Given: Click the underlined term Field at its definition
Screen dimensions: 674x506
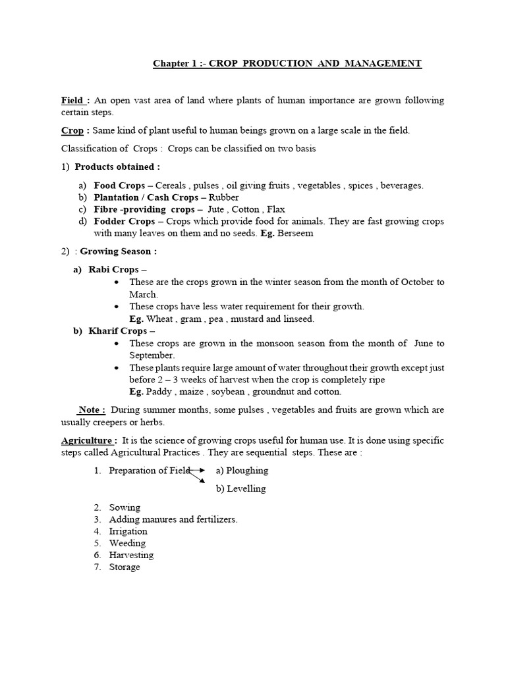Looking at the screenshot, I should tap(72, 101).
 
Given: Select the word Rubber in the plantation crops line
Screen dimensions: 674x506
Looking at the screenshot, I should tap(225, 197).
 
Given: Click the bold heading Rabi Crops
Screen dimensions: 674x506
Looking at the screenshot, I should tap(115, 270).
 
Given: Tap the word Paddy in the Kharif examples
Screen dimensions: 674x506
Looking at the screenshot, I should tap(160, 392).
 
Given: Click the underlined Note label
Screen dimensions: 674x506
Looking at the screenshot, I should tap(92, 410).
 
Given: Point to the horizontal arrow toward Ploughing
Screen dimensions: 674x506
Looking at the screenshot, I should tap(197, 471).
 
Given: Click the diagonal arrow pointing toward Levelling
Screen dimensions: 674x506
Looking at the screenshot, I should tap(196, 477).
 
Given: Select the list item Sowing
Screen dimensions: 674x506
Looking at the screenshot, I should tap(125, 507).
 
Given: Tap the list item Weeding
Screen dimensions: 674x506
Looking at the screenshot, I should tap(127, 543).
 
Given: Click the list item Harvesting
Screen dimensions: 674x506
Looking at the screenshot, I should tap(131, 555).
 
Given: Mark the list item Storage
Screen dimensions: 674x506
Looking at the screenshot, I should tap(125, 567).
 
